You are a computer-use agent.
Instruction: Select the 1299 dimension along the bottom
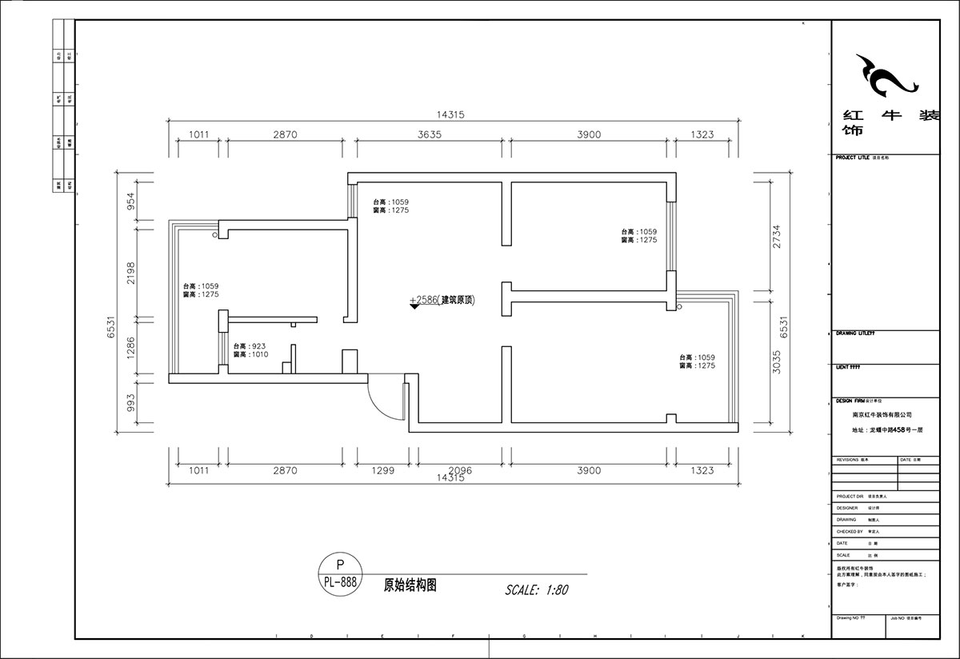[x=382, y=471]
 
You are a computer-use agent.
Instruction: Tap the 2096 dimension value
[x=459, y=471]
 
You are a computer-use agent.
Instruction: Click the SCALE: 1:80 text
[x=536, y=590]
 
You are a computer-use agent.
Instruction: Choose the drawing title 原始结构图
[x=410, y=585]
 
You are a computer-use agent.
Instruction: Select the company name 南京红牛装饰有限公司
[x=882, y=415]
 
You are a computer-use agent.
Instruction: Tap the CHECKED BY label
[x=850, y=531]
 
